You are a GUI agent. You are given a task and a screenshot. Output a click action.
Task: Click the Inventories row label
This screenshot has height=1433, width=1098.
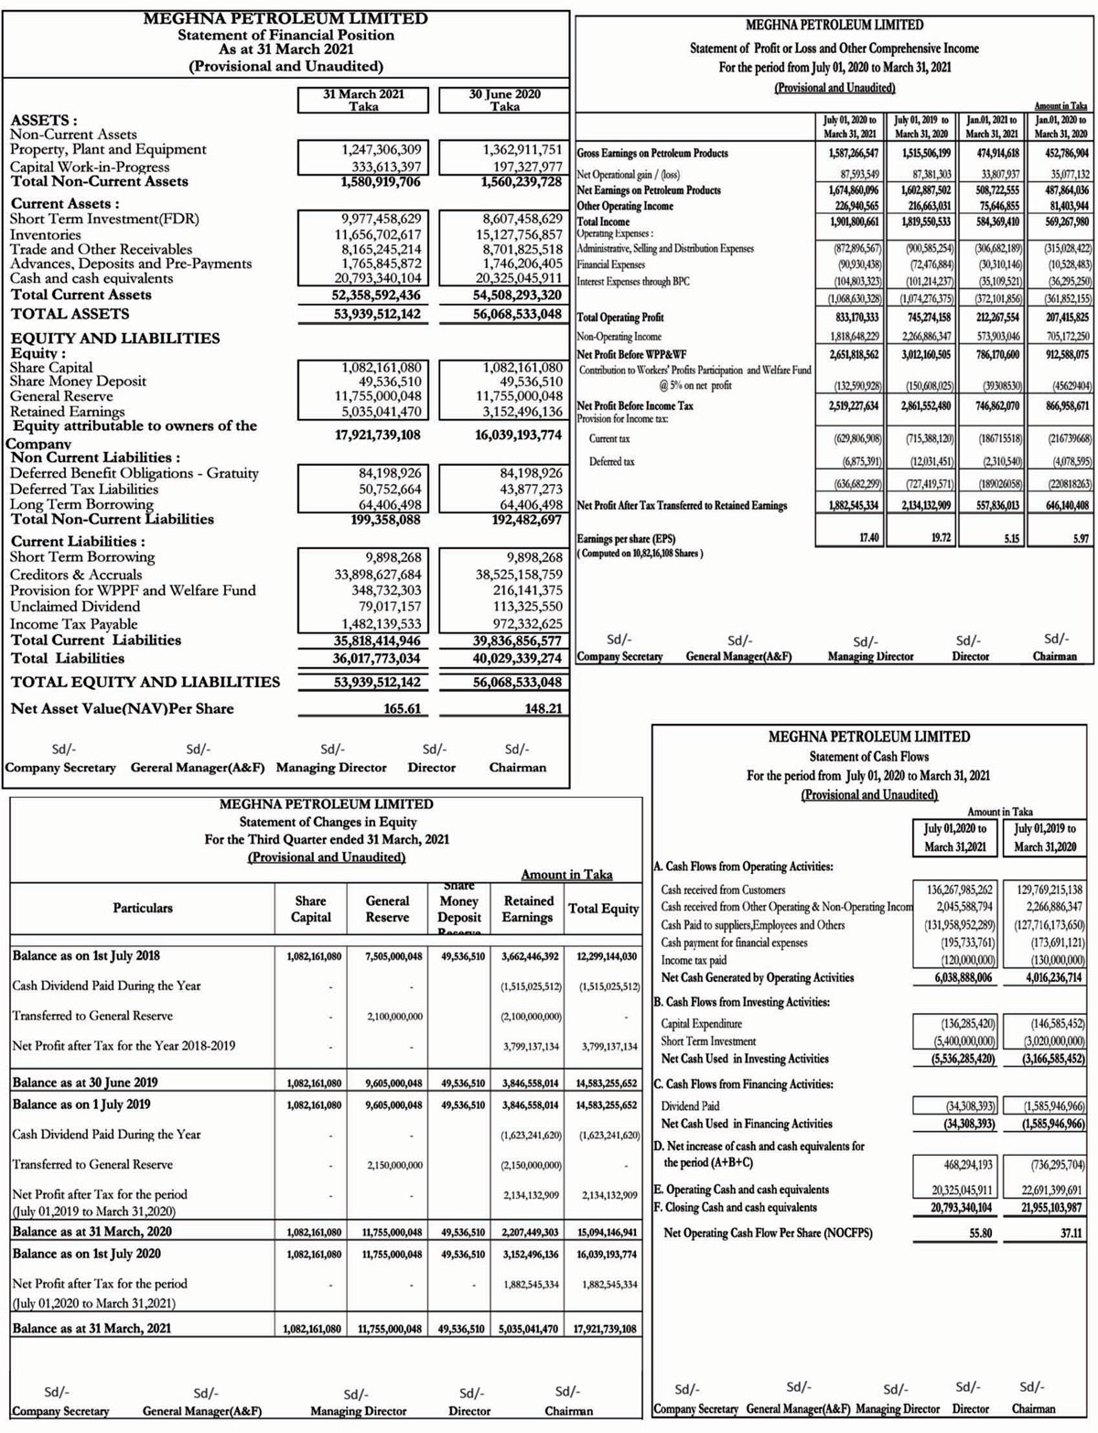(x=45, y=235)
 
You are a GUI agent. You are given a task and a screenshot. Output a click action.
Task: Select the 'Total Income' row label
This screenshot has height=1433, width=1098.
(x=603, y=221)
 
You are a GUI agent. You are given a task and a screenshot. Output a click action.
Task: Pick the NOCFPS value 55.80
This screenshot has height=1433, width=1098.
(x=980, y=1233)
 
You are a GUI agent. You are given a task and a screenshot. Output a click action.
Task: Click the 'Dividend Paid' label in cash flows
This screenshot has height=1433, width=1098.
(x=690, y=1105)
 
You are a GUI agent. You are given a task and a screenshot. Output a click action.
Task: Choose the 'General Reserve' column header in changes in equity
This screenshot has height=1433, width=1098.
(x=387, y=909)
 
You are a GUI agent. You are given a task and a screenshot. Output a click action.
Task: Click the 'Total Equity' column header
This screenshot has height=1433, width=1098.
(x=603, y=909)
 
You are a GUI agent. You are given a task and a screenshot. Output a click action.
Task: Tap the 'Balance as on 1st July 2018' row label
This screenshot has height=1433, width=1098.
(x=86, y=956)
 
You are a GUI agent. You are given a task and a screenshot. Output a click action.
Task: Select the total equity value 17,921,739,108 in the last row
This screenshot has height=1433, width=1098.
(x=605, y=1329)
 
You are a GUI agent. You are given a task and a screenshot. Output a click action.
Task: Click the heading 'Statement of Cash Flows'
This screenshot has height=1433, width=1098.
(x=868, y=757)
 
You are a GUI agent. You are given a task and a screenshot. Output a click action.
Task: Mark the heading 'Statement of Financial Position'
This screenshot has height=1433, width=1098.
(x=285, y=35)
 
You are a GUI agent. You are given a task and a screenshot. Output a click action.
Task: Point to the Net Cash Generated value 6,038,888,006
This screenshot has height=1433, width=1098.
(x=953, y=977)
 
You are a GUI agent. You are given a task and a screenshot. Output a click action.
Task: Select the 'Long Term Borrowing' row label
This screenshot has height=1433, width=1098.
(x=81, y=504)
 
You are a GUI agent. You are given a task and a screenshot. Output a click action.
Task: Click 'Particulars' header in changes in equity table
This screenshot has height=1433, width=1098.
(x=142, y=908)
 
